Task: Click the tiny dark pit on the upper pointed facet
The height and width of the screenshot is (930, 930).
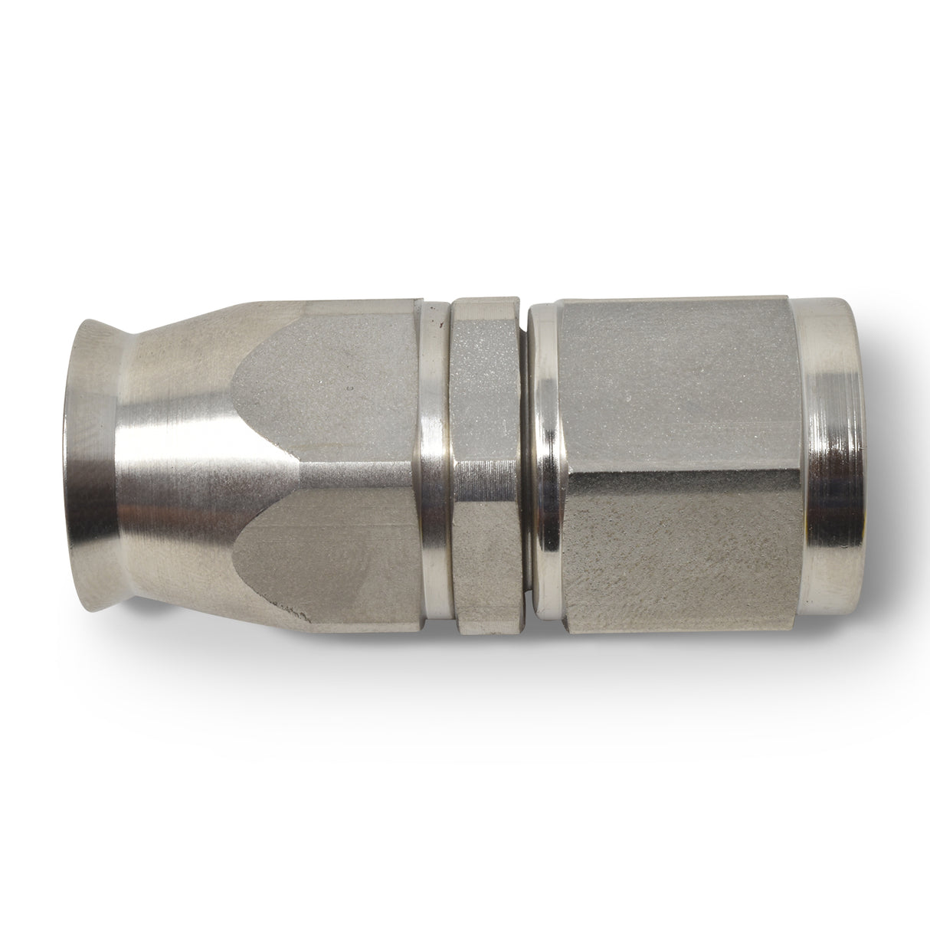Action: (349, 391)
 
